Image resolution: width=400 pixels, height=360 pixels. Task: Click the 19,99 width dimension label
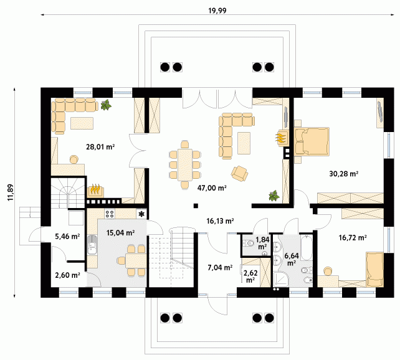coord(217,11)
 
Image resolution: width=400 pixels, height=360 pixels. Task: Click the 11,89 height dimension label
coord(11,192)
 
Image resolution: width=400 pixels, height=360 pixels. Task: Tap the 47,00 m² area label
coord(212,188)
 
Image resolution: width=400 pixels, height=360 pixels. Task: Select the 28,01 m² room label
coord(100,147)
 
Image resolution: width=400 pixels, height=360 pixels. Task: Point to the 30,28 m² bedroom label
coord(344,174)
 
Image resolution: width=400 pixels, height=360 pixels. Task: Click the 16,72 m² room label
coord(353,238)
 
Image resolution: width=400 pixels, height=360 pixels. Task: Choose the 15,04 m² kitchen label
coord(120,232)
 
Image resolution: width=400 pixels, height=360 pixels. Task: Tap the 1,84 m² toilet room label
coord(262,243)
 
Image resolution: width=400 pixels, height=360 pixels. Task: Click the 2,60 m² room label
coord(68,275)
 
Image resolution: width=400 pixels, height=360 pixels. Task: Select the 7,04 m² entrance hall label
coord(220,267)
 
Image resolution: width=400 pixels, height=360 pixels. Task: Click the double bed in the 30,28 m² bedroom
coord(312,141)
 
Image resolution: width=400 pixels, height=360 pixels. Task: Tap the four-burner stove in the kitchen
coord(110,214)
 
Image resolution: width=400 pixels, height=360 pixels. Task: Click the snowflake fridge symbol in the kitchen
coord(141,214)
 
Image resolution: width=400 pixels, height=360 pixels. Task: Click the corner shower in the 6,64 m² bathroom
coord(280,279)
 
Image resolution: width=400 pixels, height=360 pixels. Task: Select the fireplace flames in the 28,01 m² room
coord(96,190)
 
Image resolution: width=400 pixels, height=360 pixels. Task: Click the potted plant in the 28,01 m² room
coord(106,105)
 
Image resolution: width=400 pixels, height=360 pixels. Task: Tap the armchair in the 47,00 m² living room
coord(239,174)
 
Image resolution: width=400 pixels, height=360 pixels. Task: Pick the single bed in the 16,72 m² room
coord(374,269)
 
